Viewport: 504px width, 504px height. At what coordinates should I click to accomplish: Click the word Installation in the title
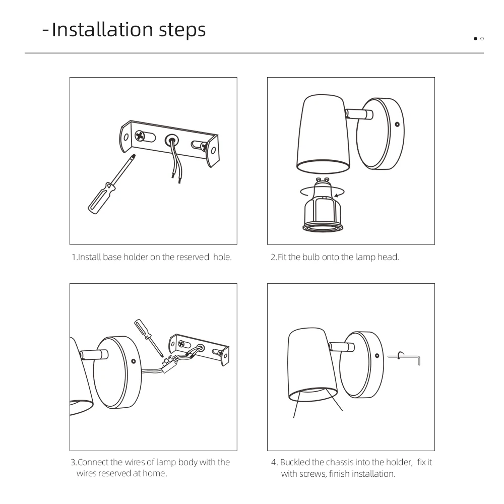(102, 30)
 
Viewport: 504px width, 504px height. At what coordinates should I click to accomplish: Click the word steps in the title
(182, 31)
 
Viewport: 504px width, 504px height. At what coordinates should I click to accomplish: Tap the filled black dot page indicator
(475, 39)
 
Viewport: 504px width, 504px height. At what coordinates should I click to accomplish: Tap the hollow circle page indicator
(482, 39)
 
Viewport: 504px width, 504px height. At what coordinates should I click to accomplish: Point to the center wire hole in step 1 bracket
(172, 141)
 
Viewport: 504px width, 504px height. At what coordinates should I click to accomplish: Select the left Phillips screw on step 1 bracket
(140, 136)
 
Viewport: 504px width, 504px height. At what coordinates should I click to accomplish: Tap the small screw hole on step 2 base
(397, 124)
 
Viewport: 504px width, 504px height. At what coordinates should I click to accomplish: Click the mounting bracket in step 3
(199, 349)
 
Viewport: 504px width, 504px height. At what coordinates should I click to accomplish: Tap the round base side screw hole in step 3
(134, 361)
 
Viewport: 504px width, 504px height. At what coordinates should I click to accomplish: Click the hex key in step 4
(405, 357)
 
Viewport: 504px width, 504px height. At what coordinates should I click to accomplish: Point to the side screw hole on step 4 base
(377, 355)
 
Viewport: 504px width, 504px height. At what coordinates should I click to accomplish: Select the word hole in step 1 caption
(222, 257)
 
